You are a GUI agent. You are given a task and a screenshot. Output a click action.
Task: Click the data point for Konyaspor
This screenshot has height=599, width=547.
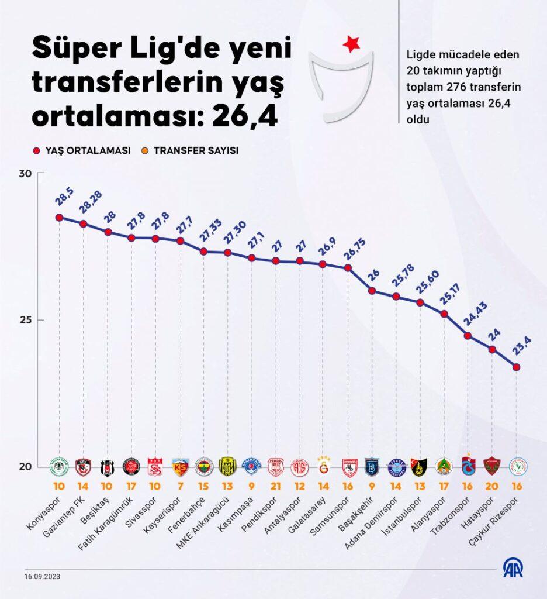point(59,217)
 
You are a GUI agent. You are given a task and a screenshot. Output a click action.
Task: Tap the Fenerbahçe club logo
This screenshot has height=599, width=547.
point(203,466)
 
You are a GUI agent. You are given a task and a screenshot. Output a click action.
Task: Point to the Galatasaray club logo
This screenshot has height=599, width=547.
point(323,466)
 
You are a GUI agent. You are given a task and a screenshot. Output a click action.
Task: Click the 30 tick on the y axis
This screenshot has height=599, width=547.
point(25,174)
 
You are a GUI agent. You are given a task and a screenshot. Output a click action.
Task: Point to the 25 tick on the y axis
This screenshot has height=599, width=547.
point(25,320)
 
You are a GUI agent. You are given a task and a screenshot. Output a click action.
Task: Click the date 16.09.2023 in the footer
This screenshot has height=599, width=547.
point(42,576)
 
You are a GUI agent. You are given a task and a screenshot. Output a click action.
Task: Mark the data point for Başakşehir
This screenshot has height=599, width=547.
point(372,291)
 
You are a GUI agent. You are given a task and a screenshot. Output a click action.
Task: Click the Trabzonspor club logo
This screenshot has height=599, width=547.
point(468,466)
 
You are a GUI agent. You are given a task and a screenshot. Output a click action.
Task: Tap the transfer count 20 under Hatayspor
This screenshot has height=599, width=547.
point(492,485)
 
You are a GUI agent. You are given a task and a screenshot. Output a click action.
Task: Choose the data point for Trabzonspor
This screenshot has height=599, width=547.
point(468,335)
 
